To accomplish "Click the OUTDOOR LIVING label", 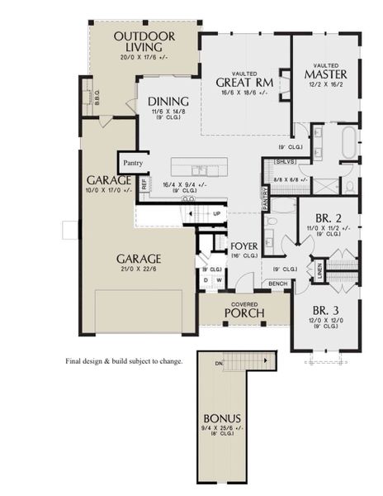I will (144, 42).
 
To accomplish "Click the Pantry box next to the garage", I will (133, 163).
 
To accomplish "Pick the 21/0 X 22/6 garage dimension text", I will (138, 267).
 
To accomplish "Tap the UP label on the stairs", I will (217, 212).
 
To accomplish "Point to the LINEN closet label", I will (318, 270).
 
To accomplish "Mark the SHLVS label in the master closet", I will (286, 162).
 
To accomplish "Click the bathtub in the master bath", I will (351, 142).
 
